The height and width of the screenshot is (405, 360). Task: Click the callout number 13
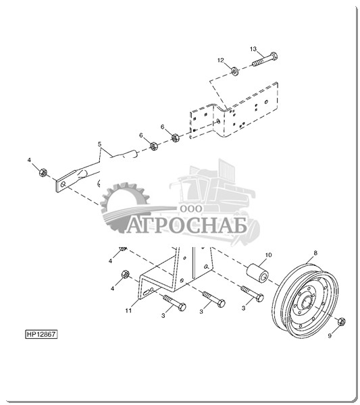[x=253, y=49]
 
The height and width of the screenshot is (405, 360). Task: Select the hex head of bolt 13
[x=274, y=56]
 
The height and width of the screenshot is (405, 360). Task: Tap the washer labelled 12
[x=235, y=71]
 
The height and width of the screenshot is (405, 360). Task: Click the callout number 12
[x=220, y=60]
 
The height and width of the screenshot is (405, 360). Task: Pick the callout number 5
[x=100, y=144]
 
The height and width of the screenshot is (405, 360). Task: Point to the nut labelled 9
[x=341, y=321]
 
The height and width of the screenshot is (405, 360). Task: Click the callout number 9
[x=330, y=335]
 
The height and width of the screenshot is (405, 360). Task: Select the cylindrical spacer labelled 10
[x=259, y=273]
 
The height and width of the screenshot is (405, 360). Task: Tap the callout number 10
[x=269, y=255]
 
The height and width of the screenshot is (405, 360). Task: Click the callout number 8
[x=315, y=253]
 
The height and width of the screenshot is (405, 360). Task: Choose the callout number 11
[x=128, y=310]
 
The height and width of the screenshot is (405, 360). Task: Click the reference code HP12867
[x=41, y=334]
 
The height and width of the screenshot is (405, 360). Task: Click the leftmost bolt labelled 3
[x=174, y=302]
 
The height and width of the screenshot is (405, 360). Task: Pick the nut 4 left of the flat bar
[x=43, y=172]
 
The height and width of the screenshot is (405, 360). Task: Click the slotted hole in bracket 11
[x=149, y=292]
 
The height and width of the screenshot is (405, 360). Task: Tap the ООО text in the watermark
[x=191, y=209]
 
